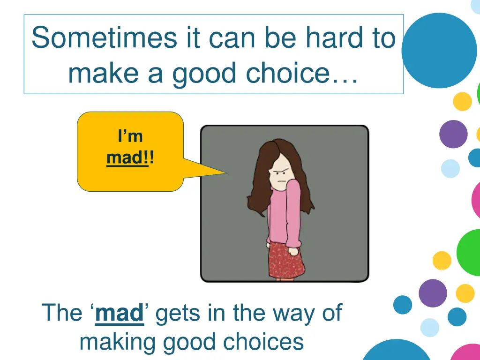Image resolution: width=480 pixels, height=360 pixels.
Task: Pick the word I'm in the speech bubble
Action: [x=130, y=136]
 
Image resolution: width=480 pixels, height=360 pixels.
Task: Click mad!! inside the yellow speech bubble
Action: [x=130, y=157]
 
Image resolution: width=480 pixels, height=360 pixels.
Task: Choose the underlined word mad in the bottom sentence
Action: [x=119, y=313]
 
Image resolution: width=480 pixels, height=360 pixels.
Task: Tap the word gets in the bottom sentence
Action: [x=175, y=313]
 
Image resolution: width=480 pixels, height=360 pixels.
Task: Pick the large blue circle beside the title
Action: [x=439, y=51]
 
